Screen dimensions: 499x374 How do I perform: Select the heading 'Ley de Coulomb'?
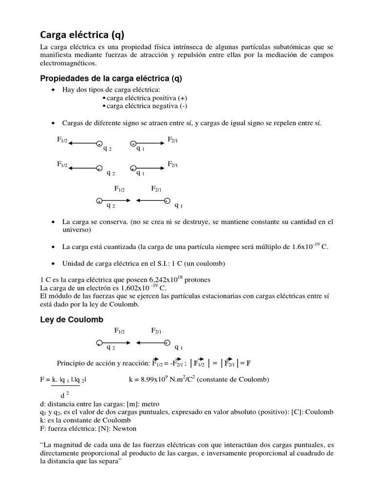pos(71,319)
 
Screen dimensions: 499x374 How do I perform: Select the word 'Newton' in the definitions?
pos(122,428)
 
